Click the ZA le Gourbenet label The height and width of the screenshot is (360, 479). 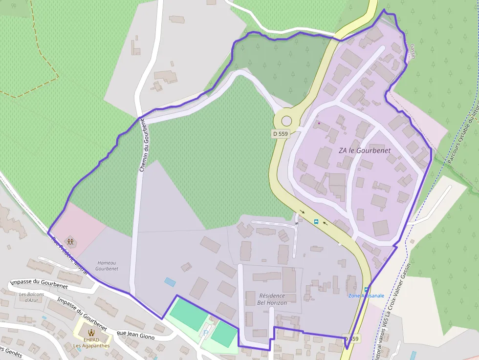coord(365,150)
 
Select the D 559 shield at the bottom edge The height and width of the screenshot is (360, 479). coord(351,339)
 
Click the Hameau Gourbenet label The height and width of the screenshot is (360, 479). coord(107,266)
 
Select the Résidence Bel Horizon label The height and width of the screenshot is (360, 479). coord(272,299)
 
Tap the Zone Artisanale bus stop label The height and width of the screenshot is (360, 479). coord(366,296)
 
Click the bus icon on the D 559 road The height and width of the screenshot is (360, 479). coord(316,222)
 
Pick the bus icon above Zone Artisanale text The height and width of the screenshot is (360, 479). coord(366,289)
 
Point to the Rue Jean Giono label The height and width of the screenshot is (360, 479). coord(135,335)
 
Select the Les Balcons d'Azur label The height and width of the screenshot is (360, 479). coord(31,297)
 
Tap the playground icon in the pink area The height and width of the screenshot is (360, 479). coord(70,241)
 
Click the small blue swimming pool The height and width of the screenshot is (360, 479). coord(170,282)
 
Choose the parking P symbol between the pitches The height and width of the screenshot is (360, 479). coord(205,333)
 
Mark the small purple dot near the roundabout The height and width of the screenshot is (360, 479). coord(319,123)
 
